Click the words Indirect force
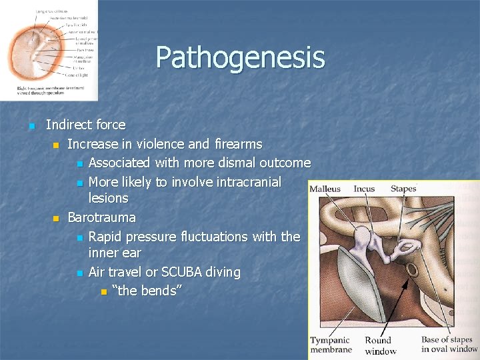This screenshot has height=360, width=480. [x=85, y=125]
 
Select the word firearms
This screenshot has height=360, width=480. [x=237, y=144]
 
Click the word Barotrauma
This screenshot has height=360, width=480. [x=101, y=217]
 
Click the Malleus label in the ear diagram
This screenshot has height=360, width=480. [x=325, y=189]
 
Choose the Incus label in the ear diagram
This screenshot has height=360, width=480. [x=364, y=189]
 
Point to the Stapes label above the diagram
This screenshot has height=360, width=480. [x=403, y=189]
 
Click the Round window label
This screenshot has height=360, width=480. [x=380, y=345]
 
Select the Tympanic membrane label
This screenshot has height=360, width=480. [x=330, y=345]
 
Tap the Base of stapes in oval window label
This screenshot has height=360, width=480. [x=449, y=344]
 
